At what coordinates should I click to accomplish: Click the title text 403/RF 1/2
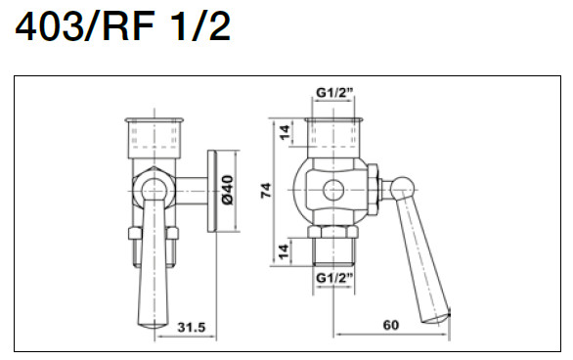pos(123,26)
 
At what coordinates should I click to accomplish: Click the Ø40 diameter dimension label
pos(227,191)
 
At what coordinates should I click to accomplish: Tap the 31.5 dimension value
pos(192,327)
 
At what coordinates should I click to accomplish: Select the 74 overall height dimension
pos(266,191)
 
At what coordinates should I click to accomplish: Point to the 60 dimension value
pos(391,325)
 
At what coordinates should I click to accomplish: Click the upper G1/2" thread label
pos(334,93)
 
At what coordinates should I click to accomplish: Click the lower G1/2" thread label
pos(334,278)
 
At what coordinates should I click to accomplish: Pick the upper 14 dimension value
pos(286,132)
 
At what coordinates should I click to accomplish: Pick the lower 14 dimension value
pos(284,251)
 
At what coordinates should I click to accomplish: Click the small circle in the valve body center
pos(333,191)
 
